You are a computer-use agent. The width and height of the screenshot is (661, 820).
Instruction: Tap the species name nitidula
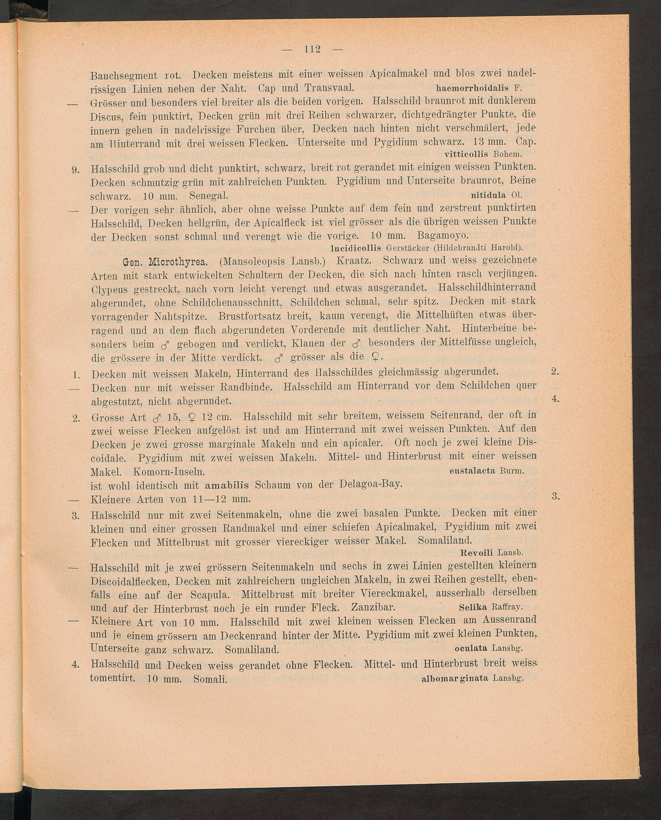[488, 195]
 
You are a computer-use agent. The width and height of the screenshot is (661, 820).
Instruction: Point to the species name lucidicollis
[356, 248]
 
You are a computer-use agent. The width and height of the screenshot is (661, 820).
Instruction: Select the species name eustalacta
[472, 471]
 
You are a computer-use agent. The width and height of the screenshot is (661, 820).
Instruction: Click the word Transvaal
[330, 88]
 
